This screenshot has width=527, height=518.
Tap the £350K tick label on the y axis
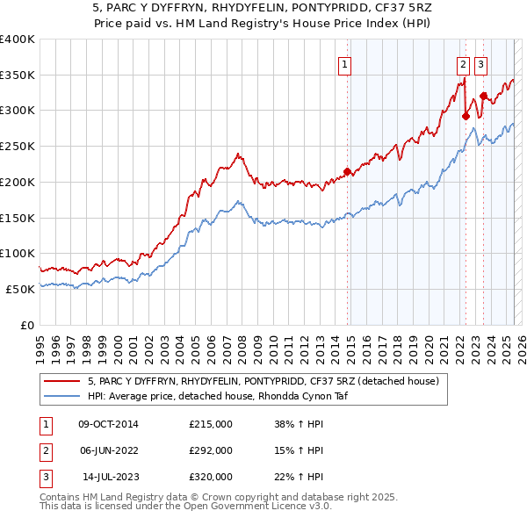pos(18,76)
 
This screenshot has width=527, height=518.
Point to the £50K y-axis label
pos(20,289)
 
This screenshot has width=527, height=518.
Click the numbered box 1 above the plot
pos(343,63)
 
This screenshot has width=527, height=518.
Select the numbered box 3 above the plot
pos(481,63)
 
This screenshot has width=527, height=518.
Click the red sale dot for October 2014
pos(347,171)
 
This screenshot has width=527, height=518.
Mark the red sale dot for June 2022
pos(466,116)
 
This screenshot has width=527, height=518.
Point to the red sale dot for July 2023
pos(483,96)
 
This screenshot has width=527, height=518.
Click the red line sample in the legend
pos(63,381)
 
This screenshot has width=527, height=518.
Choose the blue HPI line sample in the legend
pos(63,396)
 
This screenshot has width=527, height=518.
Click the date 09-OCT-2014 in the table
pos(109,424)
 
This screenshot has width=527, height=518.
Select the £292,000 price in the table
pos(211,450)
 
